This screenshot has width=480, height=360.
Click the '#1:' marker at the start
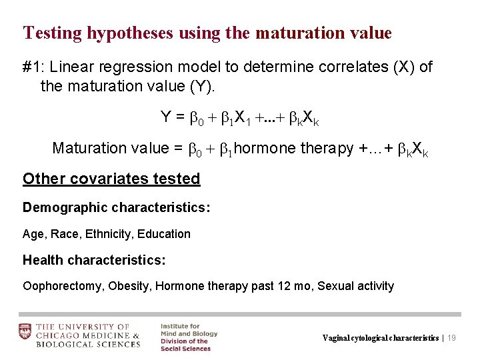(x=33, y=67)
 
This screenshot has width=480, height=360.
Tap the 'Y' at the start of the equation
(x=166, y=117)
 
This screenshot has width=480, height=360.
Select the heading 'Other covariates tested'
(x=111, y=179)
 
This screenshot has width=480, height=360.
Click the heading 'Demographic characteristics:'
(x=117, y=207)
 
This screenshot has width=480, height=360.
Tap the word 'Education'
(x=165, y=234)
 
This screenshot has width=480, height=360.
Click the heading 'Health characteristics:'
(x=94, y=259)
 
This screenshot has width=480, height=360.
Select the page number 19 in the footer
(x=451, y=338)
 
